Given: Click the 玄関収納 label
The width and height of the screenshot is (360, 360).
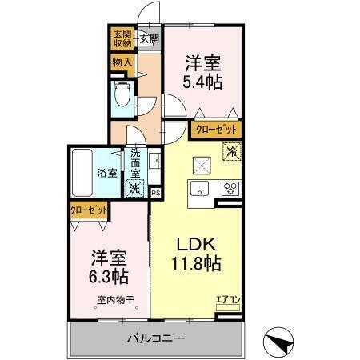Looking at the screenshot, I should click(122, 38).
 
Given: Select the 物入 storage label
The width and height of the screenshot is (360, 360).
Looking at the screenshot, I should click(122, 62).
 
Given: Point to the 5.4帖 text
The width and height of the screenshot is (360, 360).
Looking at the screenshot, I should click(203, 81).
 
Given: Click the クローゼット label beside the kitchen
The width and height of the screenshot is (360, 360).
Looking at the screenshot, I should click(216, 128).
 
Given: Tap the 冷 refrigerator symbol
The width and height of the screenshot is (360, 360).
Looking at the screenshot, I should click(230, 150).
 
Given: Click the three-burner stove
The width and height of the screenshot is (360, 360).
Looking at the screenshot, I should click(230, 190).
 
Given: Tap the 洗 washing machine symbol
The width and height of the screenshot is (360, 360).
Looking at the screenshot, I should click(134, 190).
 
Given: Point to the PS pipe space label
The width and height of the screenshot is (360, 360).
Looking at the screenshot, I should click(156, 192).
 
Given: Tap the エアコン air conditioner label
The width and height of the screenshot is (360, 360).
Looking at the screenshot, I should click(227, 301).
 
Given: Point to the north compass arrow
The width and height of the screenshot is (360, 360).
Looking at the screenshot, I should click(279, 341).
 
